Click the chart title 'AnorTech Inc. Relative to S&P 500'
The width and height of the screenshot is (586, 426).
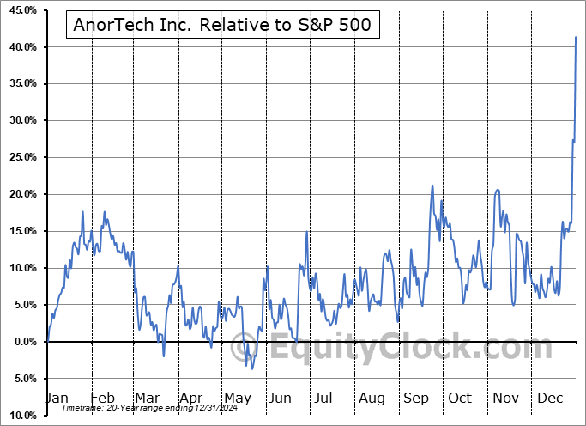[222, 25]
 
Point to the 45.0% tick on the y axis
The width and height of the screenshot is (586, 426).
[21, 10]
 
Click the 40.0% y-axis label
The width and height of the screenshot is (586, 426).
[21, 47]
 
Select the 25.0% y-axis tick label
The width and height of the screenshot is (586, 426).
[21, 158]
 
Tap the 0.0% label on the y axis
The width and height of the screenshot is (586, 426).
[23, 342]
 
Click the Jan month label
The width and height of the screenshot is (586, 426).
[56, 399]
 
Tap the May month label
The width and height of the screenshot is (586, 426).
[237, 399]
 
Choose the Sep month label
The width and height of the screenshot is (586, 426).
[416, 399]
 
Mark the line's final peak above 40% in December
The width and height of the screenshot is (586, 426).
[576, 37]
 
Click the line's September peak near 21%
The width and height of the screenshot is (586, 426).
[432, 186]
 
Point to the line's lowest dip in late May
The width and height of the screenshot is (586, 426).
[251, 368]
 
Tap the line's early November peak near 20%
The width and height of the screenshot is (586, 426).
[498, 191]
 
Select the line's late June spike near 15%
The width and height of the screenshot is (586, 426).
[305, 232]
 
